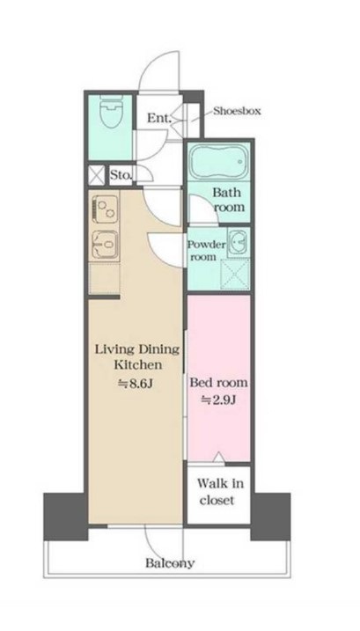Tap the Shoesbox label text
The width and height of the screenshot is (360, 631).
click(237, 111)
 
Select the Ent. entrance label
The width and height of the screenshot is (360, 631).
click(159, 118)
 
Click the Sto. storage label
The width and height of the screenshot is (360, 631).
click(121, 175)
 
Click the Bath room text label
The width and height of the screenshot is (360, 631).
click(229, 200)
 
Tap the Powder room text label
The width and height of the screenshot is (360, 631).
click(207, 250)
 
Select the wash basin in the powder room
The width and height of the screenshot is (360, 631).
click(239, 242)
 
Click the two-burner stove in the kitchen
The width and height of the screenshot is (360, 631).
click(104, 208)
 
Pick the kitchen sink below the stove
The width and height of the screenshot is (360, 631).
click(104, 245)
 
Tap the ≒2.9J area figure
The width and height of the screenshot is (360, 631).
click(218, 400)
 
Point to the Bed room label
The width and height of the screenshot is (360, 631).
click(218, 382)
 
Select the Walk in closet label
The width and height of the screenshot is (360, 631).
click(220, 491)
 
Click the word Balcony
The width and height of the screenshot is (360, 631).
click(170, 562)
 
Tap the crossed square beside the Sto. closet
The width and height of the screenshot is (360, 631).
click(97, 175)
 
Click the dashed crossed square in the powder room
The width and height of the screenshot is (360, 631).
click(235, 275)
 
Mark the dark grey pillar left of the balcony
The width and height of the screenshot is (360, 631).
click(66, 517)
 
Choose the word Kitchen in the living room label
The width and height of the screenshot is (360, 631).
click(138, 364)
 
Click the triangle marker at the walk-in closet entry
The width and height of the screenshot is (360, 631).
click(218, 457)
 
